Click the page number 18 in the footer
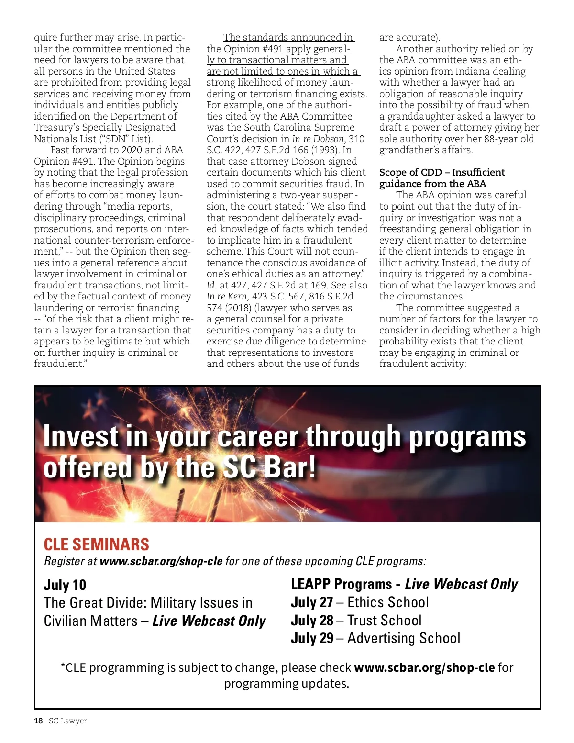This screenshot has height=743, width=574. coord(38,721)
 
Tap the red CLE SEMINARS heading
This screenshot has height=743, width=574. coord(96,544)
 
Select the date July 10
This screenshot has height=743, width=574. coord(65,585)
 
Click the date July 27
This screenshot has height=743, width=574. coord(311,602)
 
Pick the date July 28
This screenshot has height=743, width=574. coord(311,621)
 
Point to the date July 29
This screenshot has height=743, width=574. coord(311,638)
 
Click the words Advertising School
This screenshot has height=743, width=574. coord(404,638)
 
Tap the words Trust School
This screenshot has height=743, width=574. coord(385,621)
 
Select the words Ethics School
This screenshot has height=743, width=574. coord(388,602)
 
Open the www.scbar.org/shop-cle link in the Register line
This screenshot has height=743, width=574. coord(161,561)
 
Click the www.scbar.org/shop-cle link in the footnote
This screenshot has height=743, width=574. coord(424,667)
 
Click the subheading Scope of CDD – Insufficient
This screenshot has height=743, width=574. coord(442,172)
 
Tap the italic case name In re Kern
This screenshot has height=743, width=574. coord(227,296)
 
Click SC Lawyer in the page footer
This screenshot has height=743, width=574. coord(67,721)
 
